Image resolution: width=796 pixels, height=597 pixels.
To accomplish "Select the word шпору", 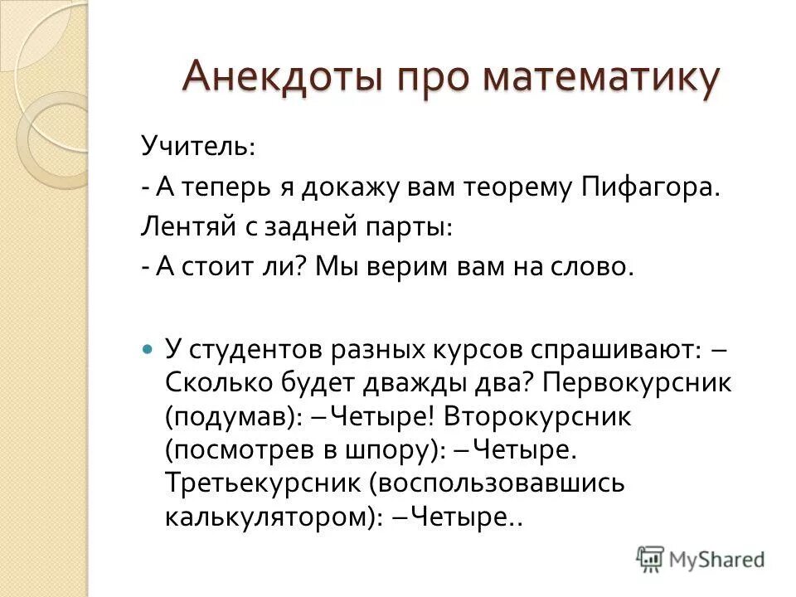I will point(391,450).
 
